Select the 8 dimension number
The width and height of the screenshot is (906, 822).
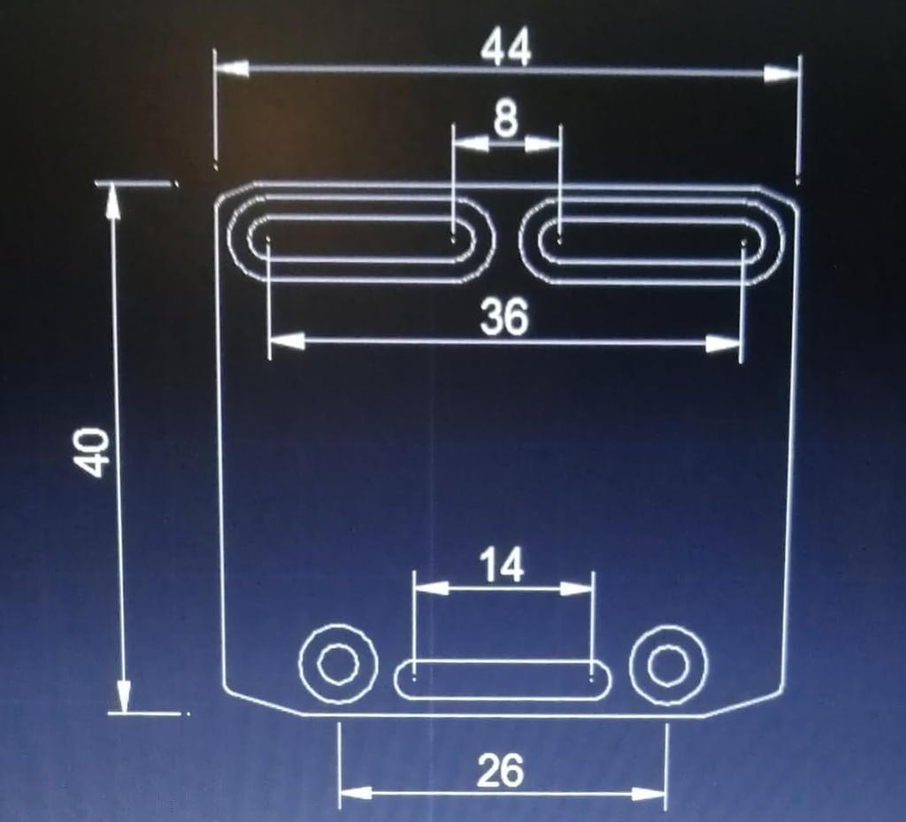pyautogui.click(x=505, y=118)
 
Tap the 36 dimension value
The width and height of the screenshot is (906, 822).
pyautogui.click(x=503, y=317)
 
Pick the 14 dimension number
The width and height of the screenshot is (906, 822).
pyautogui.click(x=502, y=565)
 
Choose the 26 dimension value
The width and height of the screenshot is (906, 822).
pyautogui.click(x=500, y=772)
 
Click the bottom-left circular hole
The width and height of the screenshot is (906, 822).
pyautogui.click(x=338, y=664)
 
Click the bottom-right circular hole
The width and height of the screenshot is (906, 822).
pyautogui.click(x=668, y=665)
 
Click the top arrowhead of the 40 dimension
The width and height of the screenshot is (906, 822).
pyautogui.click(x=112, y=202)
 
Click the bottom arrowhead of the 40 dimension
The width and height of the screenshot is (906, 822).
pyautogui.click(x=123, y=695)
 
